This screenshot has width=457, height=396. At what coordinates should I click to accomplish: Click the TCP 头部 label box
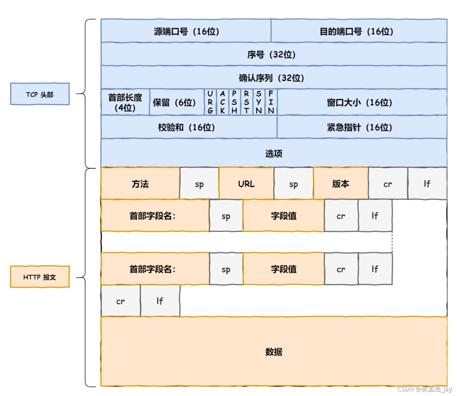click(40, 94)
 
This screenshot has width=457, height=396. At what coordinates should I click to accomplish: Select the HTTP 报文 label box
click(40, 277)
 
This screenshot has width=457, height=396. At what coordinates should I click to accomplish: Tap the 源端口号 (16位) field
click(186, 31)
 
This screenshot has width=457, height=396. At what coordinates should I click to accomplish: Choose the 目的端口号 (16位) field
click(359, 31)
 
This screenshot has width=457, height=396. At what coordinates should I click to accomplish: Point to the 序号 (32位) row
click(274, 54)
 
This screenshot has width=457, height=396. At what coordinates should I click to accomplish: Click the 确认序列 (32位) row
click(274, 78)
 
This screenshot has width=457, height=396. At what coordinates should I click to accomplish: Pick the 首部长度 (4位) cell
click(125, 102)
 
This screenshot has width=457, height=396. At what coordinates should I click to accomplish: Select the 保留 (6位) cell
click(177, 102)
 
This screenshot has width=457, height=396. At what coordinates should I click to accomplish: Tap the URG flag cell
click(210, 102)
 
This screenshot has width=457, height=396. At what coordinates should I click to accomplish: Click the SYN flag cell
click(259, 102)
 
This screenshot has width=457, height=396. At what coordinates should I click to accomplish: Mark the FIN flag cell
click(271, 102)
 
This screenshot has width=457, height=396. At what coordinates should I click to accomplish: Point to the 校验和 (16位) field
click(189, 127)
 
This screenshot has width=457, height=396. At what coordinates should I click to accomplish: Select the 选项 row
click(274, 153)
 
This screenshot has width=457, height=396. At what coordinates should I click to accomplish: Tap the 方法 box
click(140, 183)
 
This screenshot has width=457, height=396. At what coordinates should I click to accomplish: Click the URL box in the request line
click(246, 183)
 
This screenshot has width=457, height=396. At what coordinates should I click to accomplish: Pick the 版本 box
click(341, 183)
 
